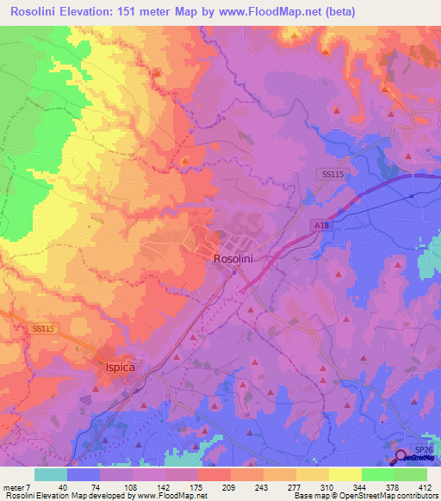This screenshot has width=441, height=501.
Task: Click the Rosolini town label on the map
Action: (232, 258)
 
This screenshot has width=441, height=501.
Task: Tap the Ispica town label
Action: (114, 367)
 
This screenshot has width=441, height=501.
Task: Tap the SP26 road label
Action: (422, 449)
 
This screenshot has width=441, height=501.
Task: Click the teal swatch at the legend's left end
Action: (51, 474)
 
